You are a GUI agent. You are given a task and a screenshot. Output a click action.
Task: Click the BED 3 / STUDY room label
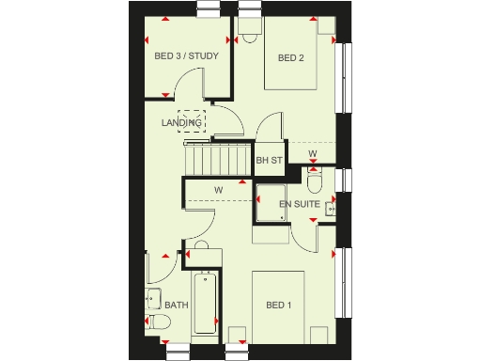click(186, 56)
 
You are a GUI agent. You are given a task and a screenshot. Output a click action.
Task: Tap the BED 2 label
click(290, 57)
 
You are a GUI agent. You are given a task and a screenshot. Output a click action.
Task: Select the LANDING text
click(182, 122)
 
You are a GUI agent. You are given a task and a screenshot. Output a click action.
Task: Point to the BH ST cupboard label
click(269, 161)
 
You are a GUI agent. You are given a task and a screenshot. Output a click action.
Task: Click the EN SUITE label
click(301, 203)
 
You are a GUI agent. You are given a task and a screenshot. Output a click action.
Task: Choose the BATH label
click(176, 306)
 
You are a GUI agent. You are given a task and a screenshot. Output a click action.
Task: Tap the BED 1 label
click(278, 306)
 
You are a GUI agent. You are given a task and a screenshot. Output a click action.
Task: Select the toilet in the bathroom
click(157, 323)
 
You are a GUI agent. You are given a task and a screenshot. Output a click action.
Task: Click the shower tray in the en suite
click(271, 203)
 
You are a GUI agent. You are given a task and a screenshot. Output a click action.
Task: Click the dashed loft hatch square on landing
click(191, 123)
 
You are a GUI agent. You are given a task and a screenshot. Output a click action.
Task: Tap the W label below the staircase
click(218, 191)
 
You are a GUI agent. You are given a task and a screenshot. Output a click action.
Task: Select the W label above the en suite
click(312, 153)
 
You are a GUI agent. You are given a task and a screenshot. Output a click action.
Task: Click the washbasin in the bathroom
click(152, 300)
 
